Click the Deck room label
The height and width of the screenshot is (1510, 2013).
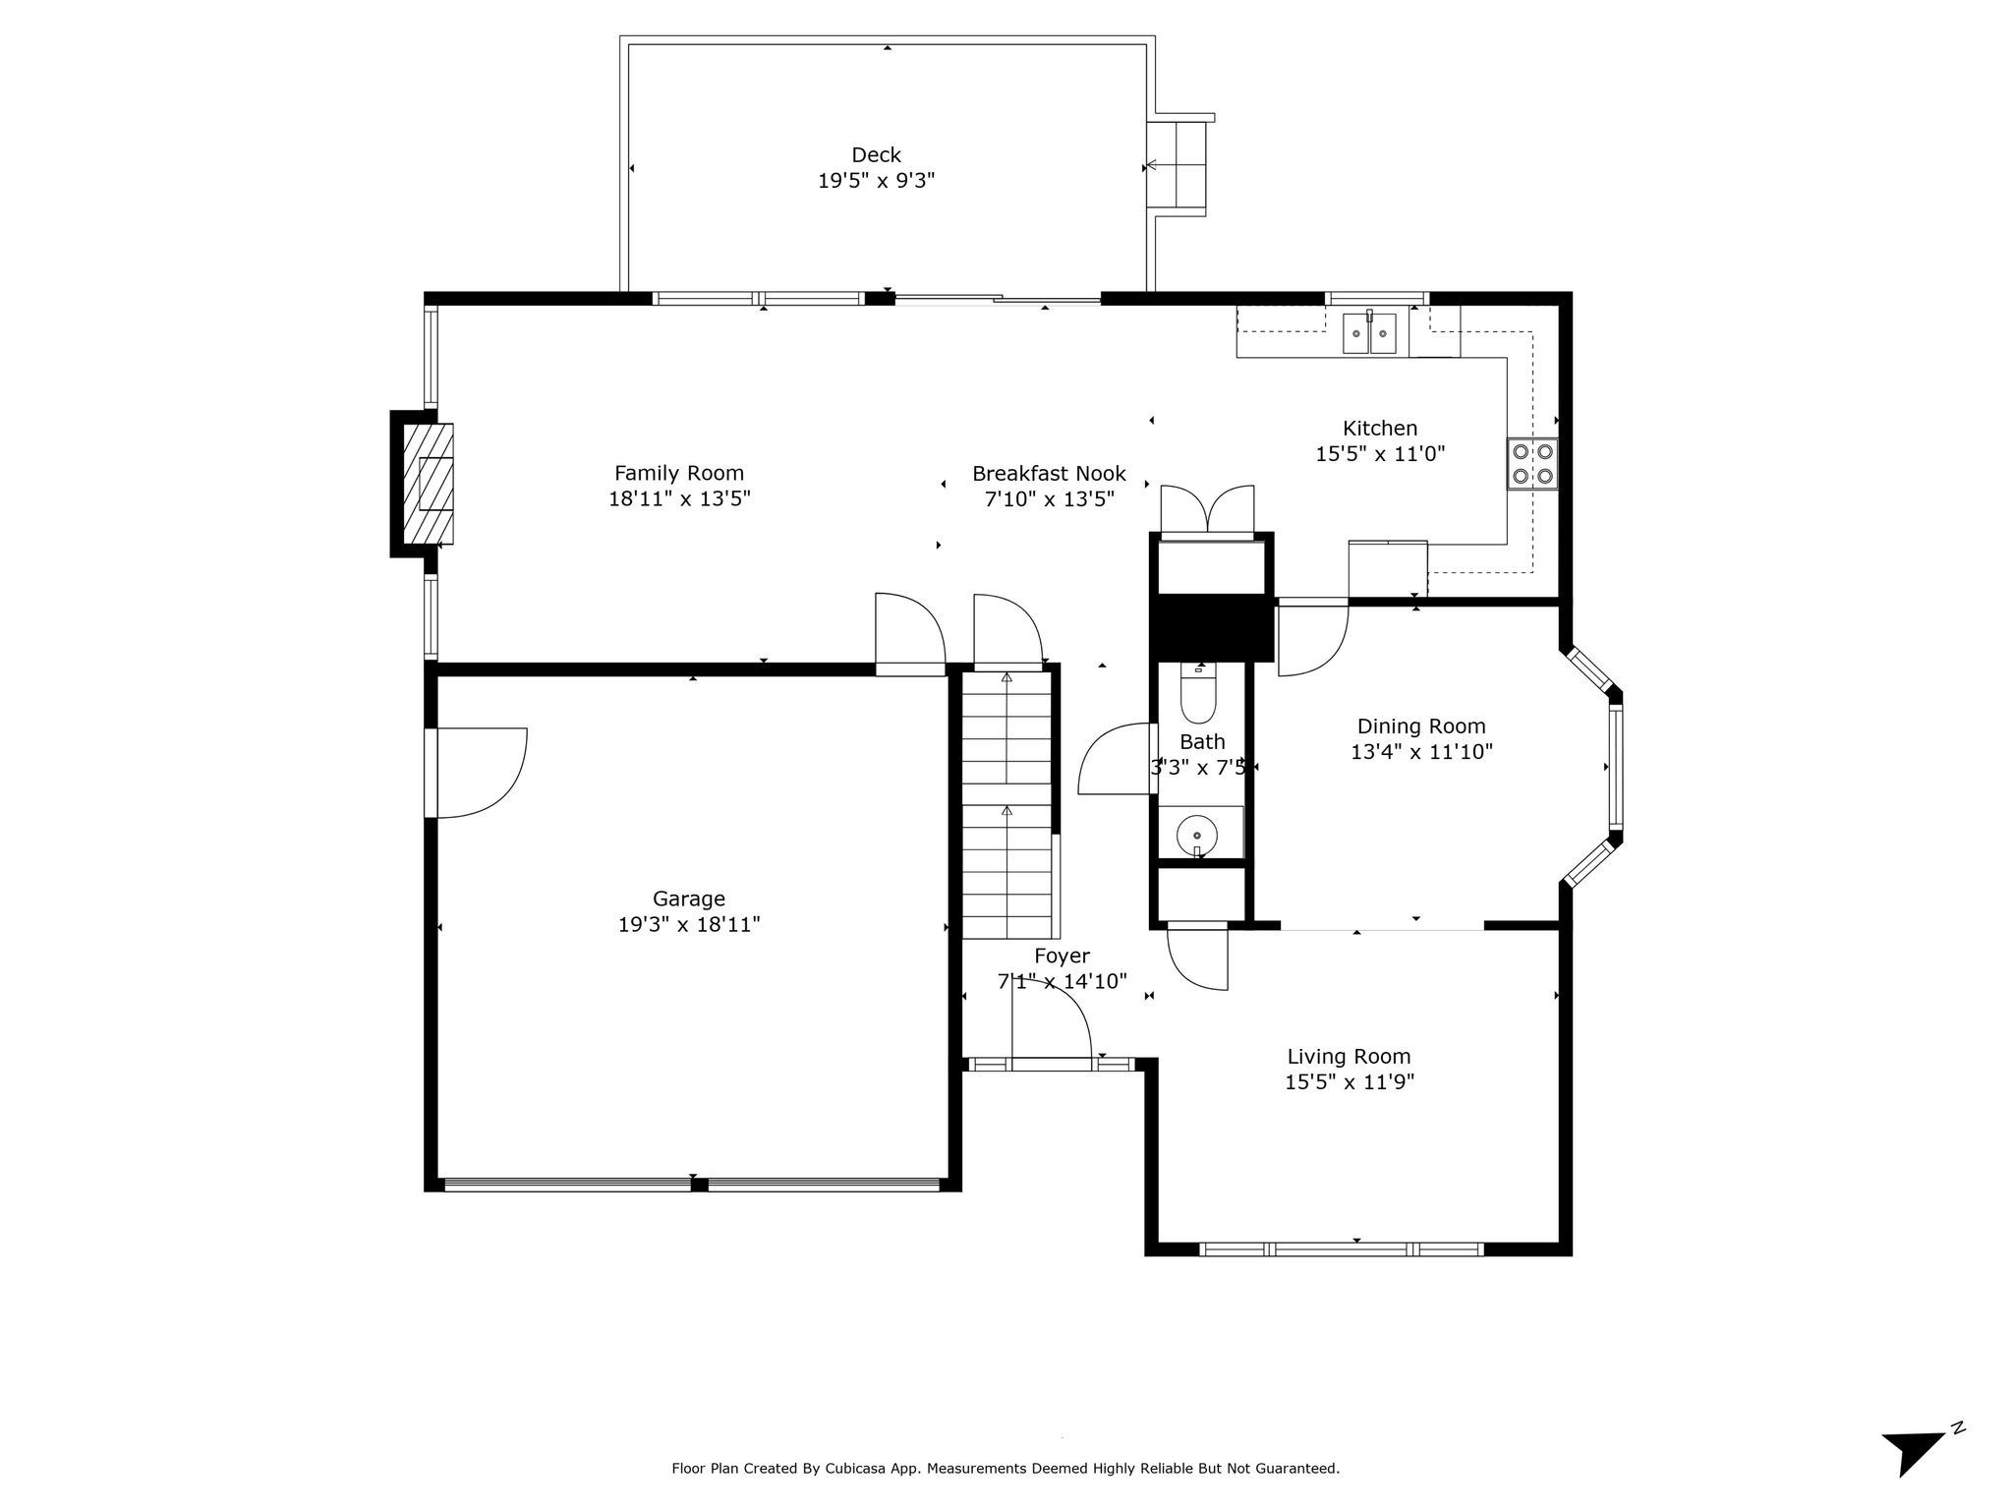click(876, 154)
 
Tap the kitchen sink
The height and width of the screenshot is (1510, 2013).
click(1369, 331)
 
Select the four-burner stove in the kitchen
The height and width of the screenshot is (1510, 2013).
click(1532, 464)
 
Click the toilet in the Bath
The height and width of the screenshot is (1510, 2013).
click(1198, 694)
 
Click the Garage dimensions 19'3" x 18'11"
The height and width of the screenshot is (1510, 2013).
click(689, 924)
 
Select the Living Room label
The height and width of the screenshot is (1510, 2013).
click(1349, 1056)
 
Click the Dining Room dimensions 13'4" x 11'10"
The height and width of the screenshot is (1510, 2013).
click(1421, 752)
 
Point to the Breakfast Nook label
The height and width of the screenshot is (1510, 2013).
click(1049, 473)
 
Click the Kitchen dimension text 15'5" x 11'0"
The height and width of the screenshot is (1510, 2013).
click(1380, 453)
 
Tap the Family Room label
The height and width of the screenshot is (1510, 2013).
click(679, 473)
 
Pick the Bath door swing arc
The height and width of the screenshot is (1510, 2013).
click(1116, 758)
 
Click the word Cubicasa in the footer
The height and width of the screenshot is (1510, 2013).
click(866, 1469)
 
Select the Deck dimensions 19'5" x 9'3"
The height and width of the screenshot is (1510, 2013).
click(876, 181)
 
